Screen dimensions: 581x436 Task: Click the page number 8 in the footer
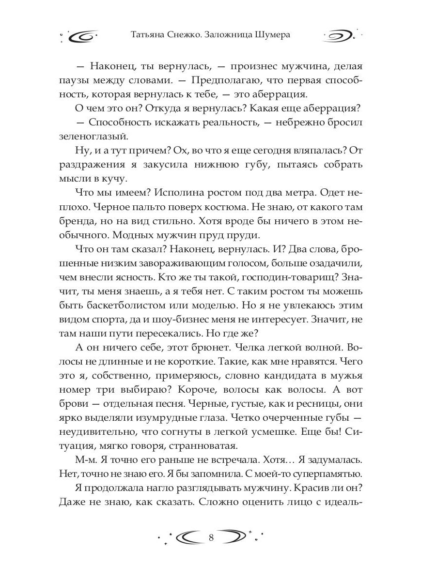[x=211, y=537]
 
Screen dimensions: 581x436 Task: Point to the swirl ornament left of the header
[x=83, y=36]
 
